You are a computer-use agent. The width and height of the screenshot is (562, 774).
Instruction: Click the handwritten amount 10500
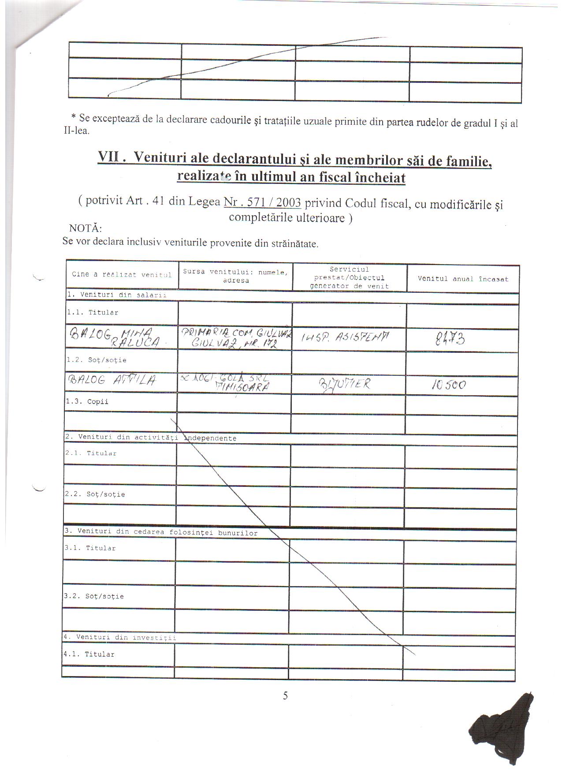click(448, 385)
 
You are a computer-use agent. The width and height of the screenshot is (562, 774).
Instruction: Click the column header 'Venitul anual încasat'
click(463, 279)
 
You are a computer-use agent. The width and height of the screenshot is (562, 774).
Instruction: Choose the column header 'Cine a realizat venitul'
click(121, 274)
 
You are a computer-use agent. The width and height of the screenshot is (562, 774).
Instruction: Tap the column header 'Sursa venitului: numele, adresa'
click(235, 276)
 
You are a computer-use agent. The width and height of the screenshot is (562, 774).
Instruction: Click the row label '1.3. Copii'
click(87, 402)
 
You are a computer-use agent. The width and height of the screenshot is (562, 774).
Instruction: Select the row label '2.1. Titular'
click(91, 453)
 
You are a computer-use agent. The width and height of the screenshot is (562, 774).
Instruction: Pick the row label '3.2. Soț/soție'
click(94, 596)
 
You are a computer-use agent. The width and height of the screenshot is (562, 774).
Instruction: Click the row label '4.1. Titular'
click(89, 654)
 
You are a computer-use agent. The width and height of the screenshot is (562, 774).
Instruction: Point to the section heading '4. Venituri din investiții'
click(119, 637)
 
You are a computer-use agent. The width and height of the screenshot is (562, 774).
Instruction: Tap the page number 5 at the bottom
click(285, 695)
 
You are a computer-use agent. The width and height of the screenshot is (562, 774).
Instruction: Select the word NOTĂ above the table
click(86, 228)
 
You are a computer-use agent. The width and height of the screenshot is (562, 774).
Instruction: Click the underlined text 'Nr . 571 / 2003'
click(262, 202)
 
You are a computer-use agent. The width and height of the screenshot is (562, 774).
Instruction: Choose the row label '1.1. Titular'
click(93, 312)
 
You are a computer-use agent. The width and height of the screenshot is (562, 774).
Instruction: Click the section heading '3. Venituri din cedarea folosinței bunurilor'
click(161, 532)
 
